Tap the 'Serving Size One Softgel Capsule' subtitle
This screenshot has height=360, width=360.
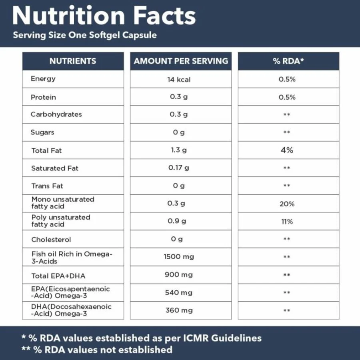pyautogui.click(x=84, y=35)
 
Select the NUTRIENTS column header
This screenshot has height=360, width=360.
pyautogui.click(x=73, y=61)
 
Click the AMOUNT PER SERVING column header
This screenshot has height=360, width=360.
pyautogui.click(x=181, y=61)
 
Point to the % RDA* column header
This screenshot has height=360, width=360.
pyautogui.click(x=288, y=61)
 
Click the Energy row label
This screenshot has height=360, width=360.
pyautogui.click(x=43, y=79)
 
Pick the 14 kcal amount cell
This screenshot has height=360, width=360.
pyautogui.click(x=179, y=80)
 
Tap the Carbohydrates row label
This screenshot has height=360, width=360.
pyautogui.click(x=56, y=114)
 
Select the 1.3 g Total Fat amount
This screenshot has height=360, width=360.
pyautogui.click(x=178, y=150)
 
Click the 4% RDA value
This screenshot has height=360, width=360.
pyautogui.click(x=287, y=150)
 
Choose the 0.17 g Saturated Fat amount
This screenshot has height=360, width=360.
pyautogui.click(x=179, y=168)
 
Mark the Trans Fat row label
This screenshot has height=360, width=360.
pyautogui.click(x=47, y=186)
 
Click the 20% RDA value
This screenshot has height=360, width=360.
pyautogui.click(x=287, y=204)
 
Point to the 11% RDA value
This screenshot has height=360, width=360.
pyautogui.click(x=287, y=222)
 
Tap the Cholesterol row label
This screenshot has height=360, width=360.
pyautogui.click(x=51, y=240)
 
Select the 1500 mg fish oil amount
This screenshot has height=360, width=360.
pyautogui.click(x=178, y=257)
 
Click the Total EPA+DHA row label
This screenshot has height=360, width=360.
pyautogui.click(x=58, y=276)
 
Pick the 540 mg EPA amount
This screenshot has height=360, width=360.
pyautogui.click(x=178, y=292)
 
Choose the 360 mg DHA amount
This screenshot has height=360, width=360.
pyautogui.click(x=178, y=310)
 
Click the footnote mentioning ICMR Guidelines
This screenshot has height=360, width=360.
pyautogui.click(x=141, y=338)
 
